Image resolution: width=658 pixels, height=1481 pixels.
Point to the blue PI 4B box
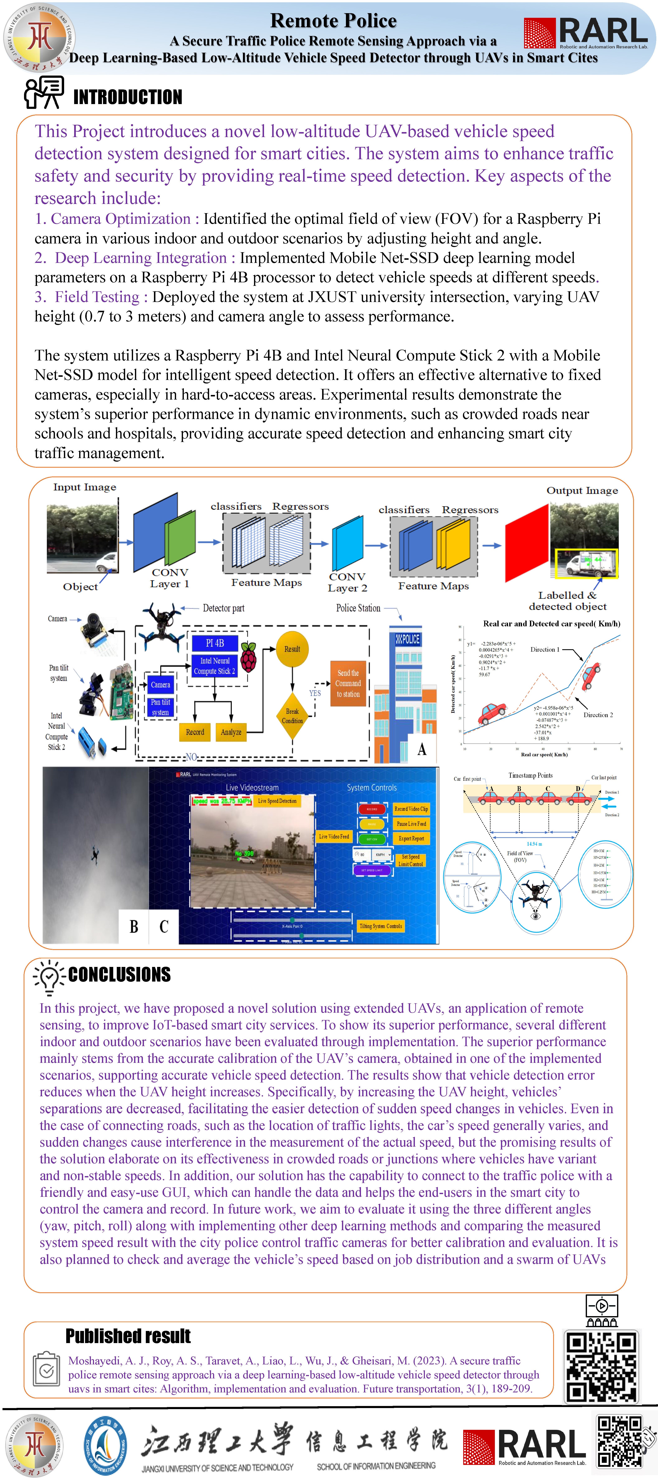tap(215, 643)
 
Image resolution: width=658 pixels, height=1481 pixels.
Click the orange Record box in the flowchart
tap(195, 732)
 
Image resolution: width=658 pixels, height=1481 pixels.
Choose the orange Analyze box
tap(231, 732)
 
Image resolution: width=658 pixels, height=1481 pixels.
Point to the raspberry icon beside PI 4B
tap(248, 657)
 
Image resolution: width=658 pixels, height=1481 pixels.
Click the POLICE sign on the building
tap(408, 639)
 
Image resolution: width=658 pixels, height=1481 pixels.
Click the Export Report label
tap(411, 838)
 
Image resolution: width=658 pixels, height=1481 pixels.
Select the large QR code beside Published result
tap(601, 1367)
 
